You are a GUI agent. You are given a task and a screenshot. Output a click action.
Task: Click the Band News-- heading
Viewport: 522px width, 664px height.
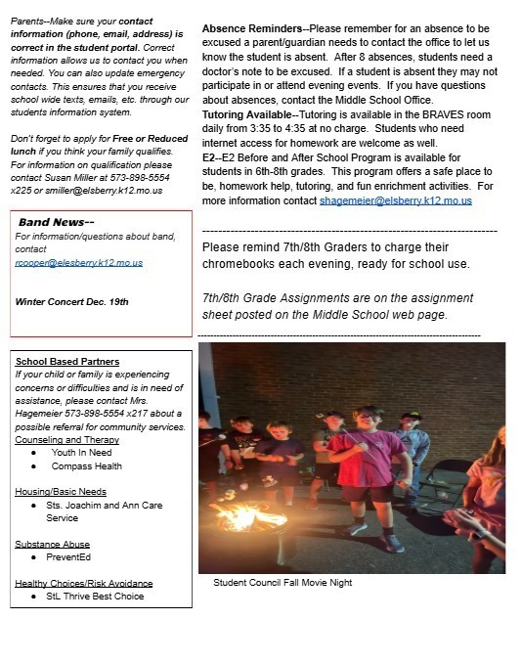[x=56, y=222]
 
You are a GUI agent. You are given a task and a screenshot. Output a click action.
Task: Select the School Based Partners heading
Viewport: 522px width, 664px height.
[x=67, y=362]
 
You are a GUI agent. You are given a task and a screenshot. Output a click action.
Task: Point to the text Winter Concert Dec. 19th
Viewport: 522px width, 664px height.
[x=72, y=301]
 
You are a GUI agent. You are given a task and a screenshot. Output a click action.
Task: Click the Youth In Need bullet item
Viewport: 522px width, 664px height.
[x=81, y=453]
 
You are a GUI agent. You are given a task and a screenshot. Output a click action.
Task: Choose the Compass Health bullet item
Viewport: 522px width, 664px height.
[x=87, y=466]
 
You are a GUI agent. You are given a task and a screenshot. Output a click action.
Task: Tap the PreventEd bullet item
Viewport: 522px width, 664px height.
[x=69, y=556]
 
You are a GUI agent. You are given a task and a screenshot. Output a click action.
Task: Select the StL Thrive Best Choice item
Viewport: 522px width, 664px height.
[x=95, y=596]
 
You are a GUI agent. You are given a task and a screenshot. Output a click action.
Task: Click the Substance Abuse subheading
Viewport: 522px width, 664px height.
[x=51, y=544]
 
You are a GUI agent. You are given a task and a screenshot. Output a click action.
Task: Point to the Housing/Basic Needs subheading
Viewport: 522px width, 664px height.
[x=61, y=492]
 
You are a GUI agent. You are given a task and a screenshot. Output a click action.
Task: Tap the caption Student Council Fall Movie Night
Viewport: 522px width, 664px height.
[x=283, y=583]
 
